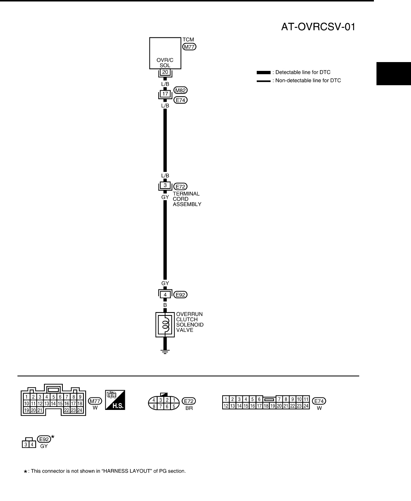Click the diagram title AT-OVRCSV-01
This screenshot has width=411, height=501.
point(318,27)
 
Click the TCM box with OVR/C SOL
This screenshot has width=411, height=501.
point(165,53)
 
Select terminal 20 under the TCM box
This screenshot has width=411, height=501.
point(165,72)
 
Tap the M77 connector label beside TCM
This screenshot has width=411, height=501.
point(190,47)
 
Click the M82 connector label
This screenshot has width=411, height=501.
point(180,90)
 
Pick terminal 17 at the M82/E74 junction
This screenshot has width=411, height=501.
point(165,94)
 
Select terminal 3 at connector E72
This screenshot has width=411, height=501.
point(165,185)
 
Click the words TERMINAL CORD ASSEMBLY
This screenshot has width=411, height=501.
point(187,199)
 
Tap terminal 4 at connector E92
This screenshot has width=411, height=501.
point(165,295)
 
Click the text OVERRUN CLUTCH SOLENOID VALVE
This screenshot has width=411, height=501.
point(190,322)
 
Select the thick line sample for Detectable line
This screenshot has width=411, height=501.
point(263,73)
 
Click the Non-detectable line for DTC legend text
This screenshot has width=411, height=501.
point(308,80)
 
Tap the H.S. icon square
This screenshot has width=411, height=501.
point(115,400)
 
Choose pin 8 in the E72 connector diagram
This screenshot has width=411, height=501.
point(155,407)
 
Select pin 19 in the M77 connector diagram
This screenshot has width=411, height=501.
point(27,410)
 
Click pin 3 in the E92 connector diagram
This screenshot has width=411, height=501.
point(26,445)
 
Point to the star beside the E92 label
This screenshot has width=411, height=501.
point(53,437)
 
